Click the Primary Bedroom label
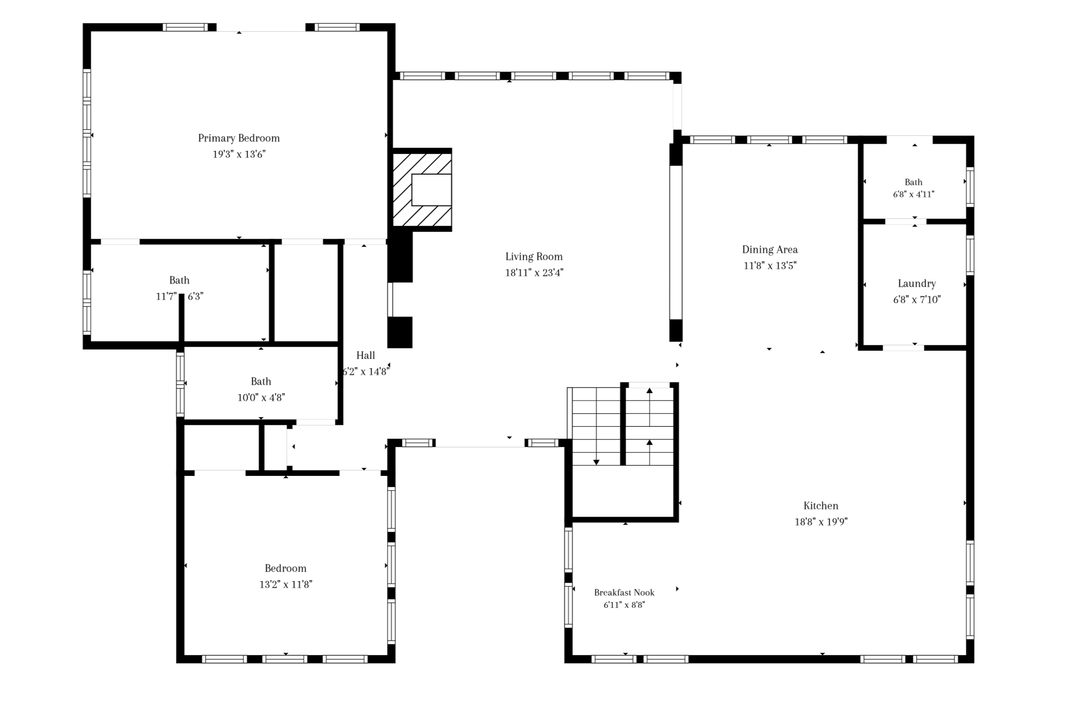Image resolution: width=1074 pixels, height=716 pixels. (239, 139)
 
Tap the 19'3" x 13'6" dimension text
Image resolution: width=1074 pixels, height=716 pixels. (239, 154)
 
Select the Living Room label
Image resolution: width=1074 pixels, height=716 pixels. (534, 257)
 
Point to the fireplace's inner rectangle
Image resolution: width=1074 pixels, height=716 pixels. (431, 190)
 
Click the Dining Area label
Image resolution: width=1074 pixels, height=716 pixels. (770, 250)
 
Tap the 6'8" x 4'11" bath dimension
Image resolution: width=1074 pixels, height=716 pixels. (913, 194)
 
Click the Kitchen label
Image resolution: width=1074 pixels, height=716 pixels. (821, 506)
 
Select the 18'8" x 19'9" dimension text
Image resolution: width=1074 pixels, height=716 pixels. (821, 522)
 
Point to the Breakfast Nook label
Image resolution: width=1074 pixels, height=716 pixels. (624, 592)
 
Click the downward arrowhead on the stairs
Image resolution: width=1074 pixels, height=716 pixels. (596, 462)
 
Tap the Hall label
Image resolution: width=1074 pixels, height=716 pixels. (365, 356)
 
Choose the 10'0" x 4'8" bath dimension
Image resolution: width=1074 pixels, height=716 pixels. (261, 398)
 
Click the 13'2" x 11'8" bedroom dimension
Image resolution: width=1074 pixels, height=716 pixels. (286, 584)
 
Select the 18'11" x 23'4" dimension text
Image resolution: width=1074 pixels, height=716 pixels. (534, 273)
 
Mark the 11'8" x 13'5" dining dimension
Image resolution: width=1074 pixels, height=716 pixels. (770, 266)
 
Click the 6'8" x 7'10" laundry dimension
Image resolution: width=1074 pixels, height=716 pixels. (917, 300)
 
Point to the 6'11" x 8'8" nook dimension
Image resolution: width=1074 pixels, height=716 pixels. (624, 605)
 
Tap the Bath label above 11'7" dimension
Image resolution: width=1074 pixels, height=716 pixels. (179, 280)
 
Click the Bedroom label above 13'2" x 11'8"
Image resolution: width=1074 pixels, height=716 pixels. (285, 569)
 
